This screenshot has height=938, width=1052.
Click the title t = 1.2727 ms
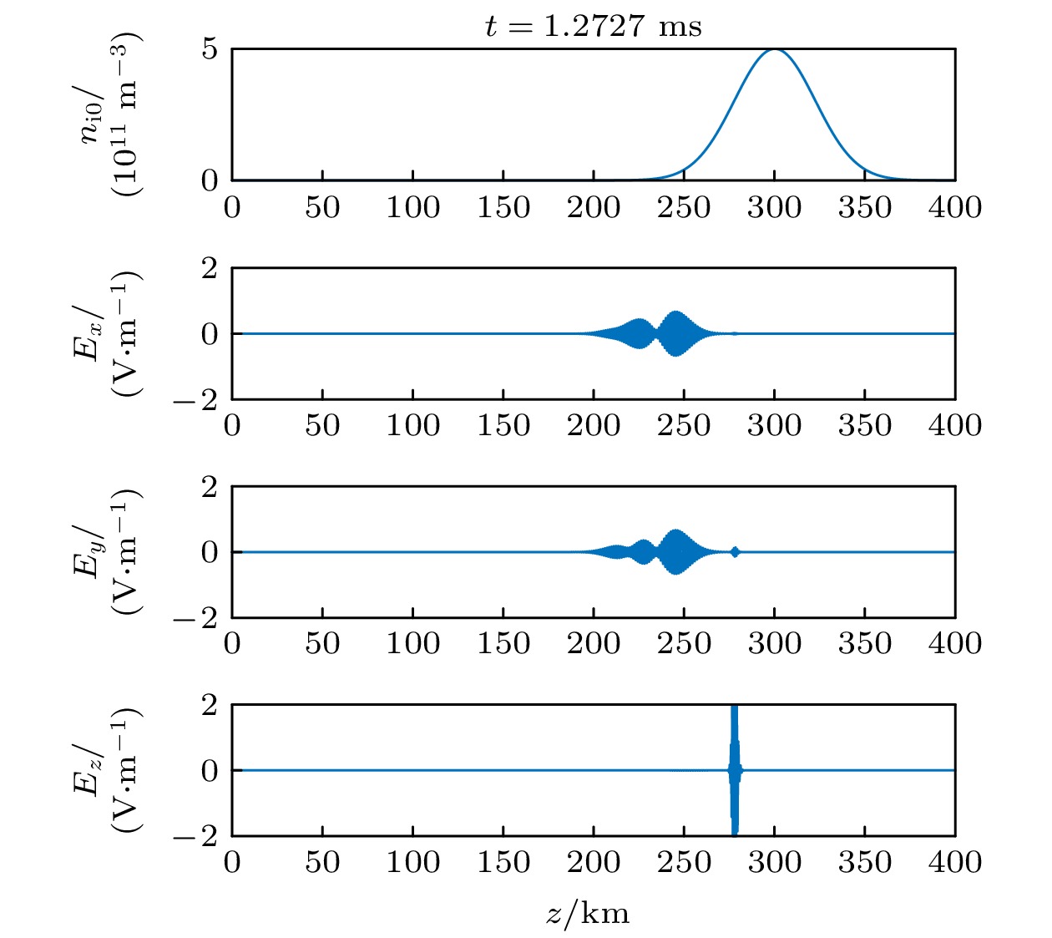point(593,27)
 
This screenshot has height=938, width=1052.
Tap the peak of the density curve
point(775,50)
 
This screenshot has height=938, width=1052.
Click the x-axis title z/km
point(588,913)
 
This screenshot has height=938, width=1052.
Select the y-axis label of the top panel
point(113,114)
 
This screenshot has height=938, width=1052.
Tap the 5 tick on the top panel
point(209,49)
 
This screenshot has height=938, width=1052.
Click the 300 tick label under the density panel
point(774,207)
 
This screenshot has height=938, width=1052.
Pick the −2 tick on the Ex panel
point(196,400)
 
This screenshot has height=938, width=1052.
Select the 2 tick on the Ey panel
point(209,486)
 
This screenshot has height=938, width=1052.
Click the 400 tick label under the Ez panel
point(954,861)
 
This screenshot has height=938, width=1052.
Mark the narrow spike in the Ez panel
point(734,769)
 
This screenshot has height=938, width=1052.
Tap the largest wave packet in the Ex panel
point(675,333)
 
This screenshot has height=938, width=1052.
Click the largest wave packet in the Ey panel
point(675,551)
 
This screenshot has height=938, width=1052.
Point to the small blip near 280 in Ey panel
point(735,551)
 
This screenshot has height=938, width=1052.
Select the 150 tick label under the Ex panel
point(503,425)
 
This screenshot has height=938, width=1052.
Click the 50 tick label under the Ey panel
point(322,643)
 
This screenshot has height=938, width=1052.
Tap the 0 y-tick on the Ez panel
point(209,770)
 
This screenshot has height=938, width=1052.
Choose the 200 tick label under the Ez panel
point(593,861)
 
